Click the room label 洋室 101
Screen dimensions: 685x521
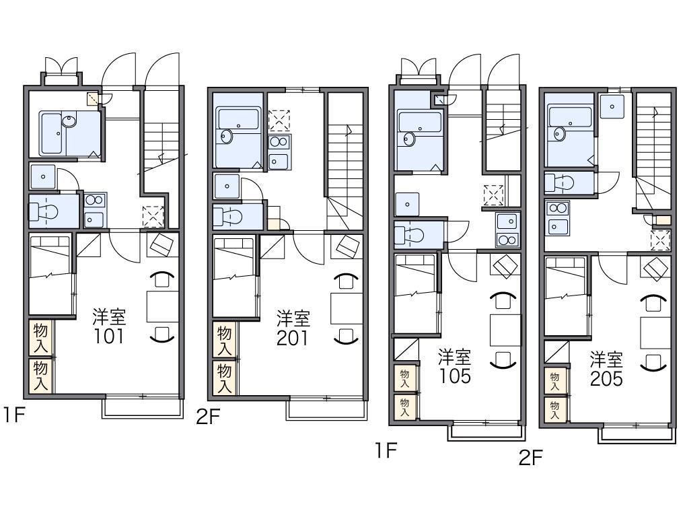click(109, 326)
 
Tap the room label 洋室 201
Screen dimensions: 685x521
click(293, 328)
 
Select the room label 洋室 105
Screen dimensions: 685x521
click(455, 367)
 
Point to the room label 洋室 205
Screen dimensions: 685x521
click(606, 369)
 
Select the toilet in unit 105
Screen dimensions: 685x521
click(409, 236)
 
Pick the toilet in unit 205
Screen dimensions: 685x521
click(559, 182)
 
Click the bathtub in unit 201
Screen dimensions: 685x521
click(238, 118)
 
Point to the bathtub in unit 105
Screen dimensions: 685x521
click(420, 122)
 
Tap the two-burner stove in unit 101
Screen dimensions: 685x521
click(94, 200)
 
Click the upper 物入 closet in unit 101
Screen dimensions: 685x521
click(41, 338)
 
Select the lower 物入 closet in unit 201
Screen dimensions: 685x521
click(225, 378)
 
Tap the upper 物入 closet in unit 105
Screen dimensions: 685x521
click(404, 378)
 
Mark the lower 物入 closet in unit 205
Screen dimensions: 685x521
click(555, 410)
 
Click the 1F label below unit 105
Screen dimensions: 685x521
click(386, 450)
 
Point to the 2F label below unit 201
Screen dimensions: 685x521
click(207, 417)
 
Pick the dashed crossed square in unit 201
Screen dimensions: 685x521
click(279, 121)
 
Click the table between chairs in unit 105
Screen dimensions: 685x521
click(505, 330)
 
